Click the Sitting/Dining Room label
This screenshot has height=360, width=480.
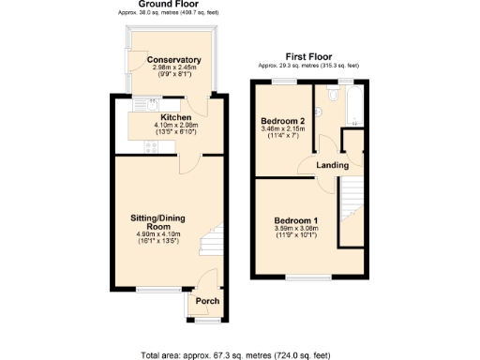157,222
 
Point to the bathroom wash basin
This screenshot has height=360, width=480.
318,112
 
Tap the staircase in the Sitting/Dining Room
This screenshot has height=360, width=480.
216,241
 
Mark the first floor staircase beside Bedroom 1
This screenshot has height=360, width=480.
351,211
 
